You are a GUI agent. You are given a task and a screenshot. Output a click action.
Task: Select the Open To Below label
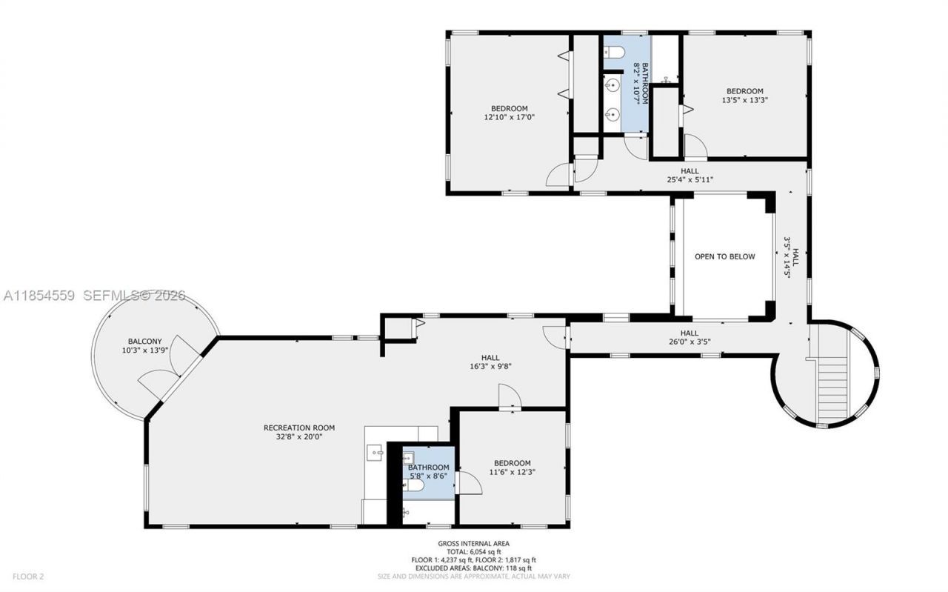coord(724,257)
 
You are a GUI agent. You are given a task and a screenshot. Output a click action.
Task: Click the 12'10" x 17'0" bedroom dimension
coord(509,117)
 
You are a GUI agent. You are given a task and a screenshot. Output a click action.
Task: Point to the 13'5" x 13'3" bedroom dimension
coord(744,100)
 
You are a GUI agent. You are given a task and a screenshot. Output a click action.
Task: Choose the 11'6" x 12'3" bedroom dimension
coord(512,472)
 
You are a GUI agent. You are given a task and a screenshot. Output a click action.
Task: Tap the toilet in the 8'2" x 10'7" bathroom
coord(614,51)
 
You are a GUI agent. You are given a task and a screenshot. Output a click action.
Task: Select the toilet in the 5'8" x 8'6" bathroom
coord(415,486)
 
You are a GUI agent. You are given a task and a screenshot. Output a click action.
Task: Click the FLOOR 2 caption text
coord(29,576)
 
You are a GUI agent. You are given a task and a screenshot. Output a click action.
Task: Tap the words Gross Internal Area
coord(473,544)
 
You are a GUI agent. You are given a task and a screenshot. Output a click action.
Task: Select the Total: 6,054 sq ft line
coord(473,552)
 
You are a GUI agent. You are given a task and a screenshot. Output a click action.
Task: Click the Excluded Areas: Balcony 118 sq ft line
coord(473,568)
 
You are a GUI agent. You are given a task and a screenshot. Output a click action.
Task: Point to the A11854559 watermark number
coord(39,296)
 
